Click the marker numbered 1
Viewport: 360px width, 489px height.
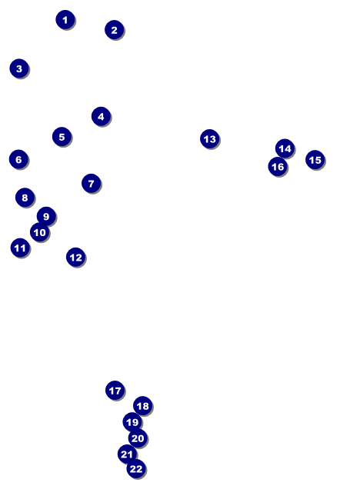point(65,20)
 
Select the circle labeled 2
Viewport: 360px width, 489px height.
point(114,30)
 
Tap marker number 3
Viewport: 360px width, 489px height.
point(19,68)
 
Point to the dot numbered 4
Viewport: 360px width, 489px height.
point(101,116)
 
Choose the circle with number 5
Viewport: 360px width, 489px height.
point(62,137)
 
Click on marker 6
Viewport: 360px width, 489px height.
point(18,159)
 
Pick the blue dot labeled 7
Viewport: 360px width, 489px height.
point(91,183)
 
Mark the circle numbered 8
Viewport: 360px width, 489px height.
point(25,197)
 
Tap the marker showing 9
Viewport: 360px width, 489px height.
point(46,216)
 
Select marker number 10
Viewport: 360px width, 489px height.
point(40,232)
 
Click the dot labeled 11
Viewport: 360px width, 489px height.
point(20,248)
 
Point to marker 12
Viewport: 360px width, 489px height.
point(76,257)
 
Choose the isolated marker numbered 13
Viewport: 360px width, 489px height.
point(210,138)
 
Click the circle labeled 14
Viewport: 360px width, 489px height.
point(285,148)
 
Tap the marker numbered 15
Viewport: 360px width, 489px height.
point(315,160)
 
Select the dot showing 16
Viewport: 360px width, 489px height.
point(278,167)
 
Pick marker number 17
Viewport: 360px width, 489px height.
point(115,390)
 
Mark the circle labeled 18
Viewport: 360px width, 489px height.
point(142,406)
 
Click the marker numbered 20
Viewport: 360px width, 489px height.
point(138,438)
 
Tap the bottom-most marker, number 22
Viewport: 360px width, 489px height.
point(136,468)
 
